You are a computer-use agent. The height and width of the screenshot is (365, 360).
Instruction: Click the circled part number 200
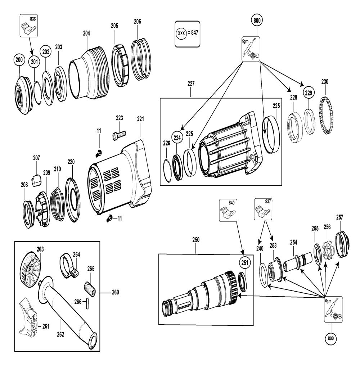tap(19, 60)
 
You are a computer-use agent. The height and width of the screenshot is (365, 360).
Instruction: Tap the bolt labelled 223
tap(119, 135)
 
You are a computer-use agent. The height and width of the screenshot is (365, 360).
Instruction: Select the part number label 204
tap(86, 33)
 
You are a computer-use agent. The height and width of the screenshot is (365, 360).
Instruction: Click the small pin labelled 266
tap(87, 303)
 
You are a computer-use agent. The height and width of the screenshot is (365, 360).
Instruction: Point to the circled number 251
tap(245, 262)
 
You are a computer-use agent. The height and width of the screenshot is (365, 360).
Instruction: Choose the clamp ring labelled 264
tap(69, 266)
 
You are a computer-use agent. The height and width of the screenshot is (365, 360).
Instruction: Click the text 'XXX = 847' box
tap(188, 34)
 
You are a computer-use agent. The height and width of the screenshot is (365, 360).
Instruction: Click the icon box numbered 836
tap(29, 25)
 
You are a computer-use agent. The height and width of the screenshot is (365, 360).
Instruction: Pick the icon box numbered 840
tap(228, 210)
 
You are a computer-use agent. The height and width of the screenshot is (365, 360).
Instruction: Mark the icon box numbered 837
tap(263, 209)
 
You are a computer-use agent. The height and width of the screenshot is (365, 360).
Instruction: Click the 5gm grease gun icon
tap(251, 49)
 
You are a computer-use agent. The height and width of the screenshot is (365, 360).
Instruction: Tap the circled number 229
tap(309, 93)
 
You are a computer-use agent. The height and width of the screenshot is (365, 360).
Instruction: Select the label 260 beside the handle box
tap(115, 292)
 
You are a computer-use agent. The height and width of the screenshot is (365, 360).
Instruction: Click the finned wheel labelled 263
tap(30, 270)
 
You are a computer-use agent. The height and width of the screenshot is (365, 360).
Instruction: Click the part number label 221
tap(140, 119)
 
